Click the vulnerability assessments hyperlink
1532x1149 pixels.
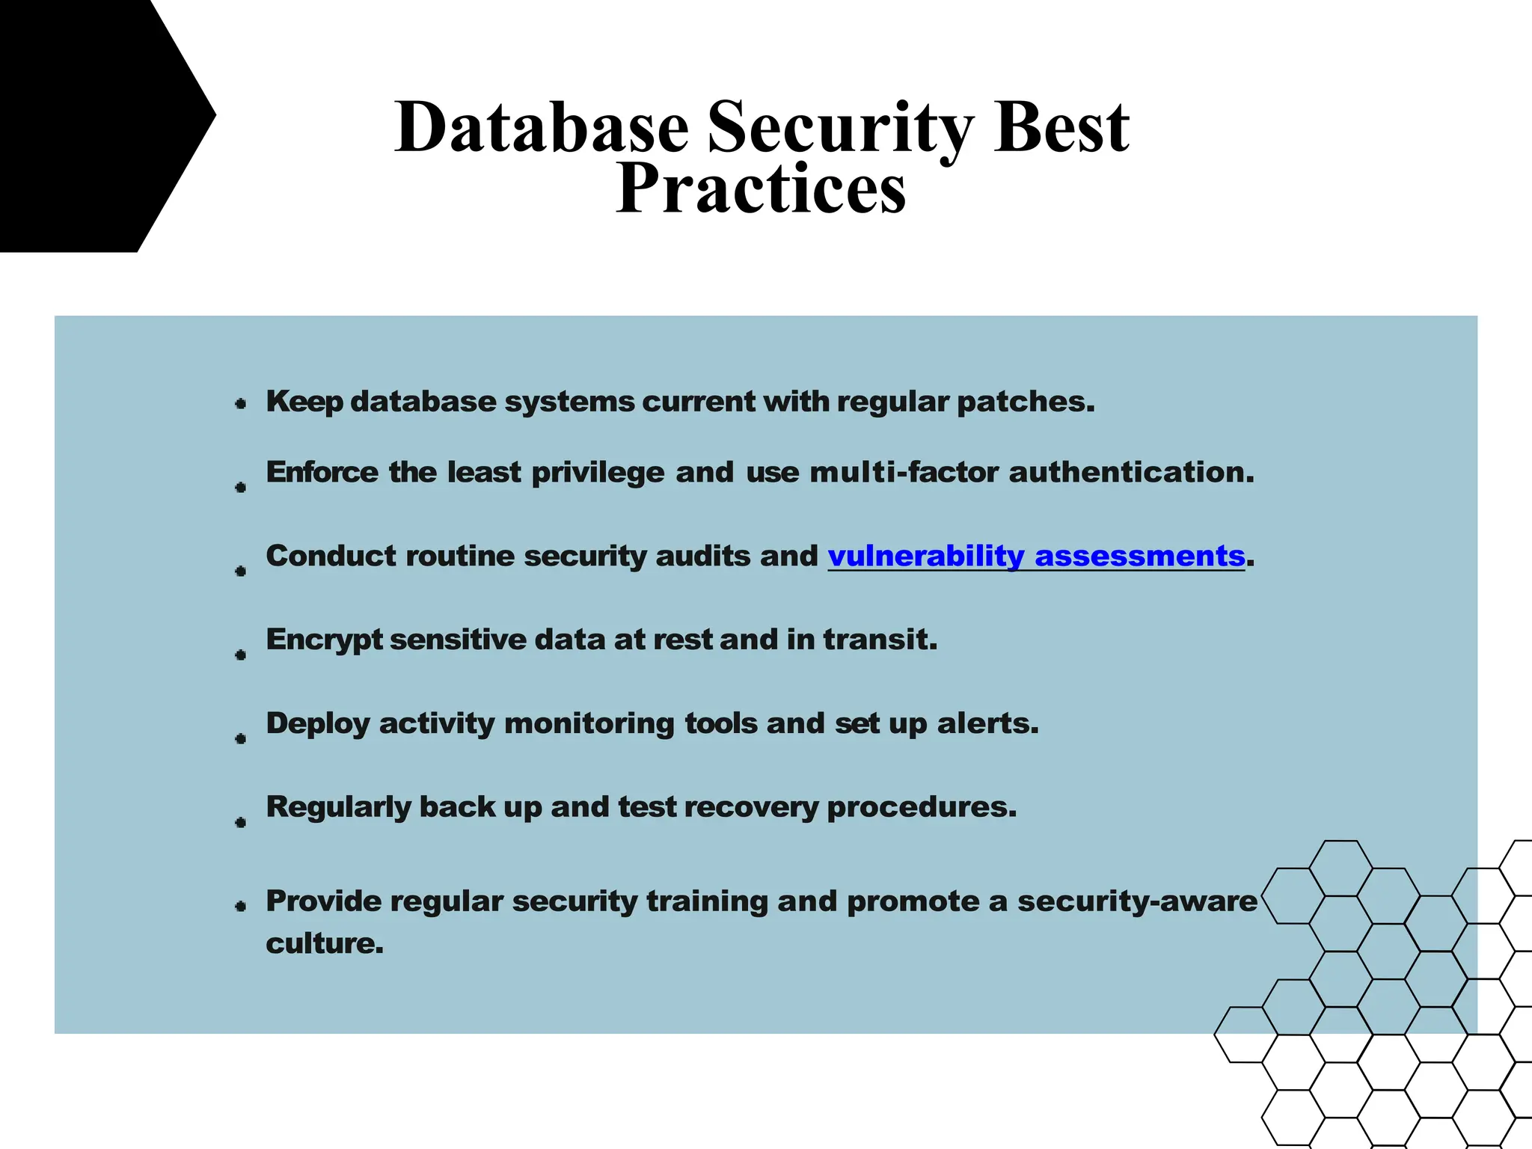[1036, 556]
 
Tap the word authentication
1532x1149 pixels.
[1131, 472]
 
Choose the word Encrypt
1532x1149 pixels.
[323, 640]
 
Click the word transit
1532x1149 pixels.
[880, 640]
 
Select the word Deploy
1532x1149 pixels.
[318, 724]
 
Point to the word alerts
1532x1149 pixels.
[987, 723]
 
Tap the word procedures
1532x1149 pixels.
[922, 807]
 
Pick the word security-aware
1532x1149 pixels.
[1137, 901]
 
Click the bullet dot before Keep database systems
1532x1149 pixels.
[241, 404]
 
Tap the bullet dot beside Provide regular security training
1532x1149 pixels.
[241, 906]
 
